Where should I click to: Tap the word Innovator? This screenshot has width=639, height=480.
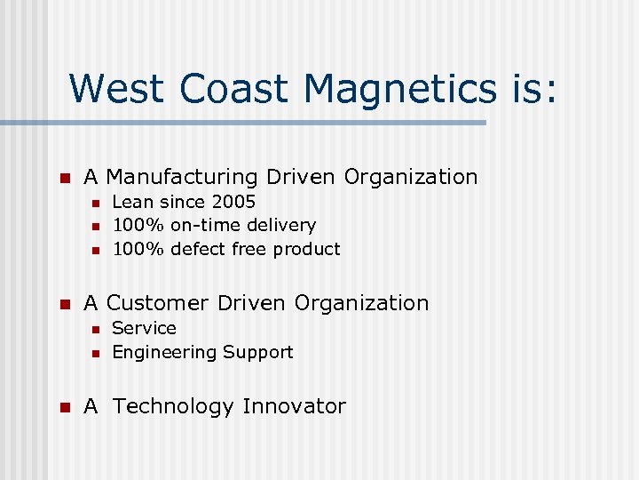click(x=294, y=406)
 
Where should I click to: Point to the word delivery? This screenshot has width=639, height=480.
click(x=283, y=226)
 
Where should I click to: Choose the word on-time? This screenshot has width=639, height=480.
click(x=208, y=226)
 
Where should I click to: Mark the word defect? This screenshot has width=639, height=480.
click(x=198, y=249)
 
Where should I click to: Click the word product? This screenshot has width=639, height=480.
click(x=307, y=250)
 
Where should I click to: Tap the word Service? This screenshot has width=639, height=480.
click(x=144, y=328)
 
